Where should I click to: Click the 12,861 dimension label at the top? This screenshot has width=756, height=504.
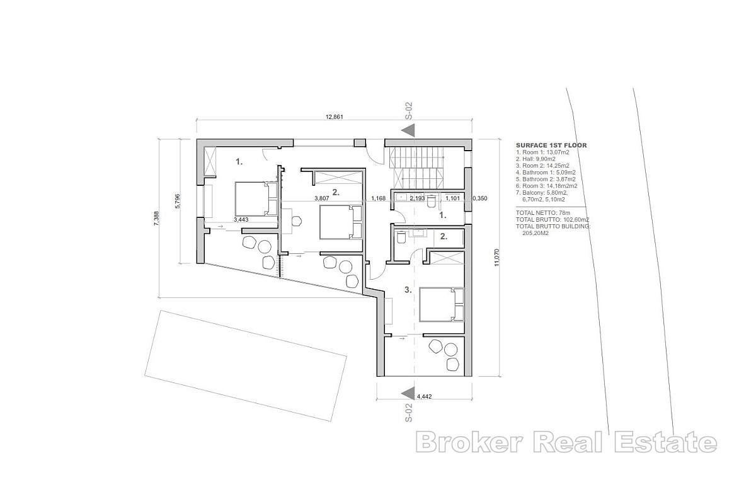click(x=334, y=117)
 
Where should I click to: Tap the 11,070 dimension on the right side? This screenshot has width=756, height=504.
click(x=496, y=258)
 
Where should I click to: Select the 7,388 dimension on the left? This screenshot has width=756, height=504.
click(x=156, y=218)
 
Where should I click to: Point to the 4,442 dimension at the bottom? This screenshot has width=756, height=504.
click(x=424, y=397)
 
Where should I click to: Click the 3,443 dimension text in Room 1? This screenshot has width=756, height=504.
click(x=241, y=219)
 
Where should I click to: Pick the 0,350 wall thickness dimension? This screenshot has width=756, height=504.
click(x=479, y=198)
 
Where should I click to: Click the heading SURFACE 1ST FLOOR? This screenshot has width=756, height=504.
click(x=551, y=145)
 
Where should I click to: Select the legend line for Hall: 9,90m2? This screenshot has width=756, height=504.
click(x=535, y=159)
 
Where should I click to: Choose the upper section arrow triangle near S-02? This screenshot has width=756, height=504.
click(x=408, y=130)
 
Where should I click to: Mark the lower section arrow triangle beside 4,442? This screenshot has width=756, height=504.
click(x=408, y=394)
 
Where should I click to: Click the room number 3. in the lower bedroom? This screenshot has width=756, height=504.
click(x=408, y=289)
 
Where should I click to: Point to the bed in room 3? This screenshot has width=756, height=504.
click(x=442, y=304)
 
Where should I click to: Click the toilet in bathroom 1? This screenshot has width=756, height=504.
click(x=431, y=202)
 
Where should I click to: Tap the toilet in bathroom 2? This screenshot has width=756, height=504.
click(x=401, y=238)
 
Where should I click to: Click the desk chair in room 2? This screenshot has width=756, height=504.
click(x=296, y=222)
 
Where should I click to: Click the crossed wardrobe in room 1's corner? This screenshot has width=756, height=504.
click(x=210, y=162)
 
